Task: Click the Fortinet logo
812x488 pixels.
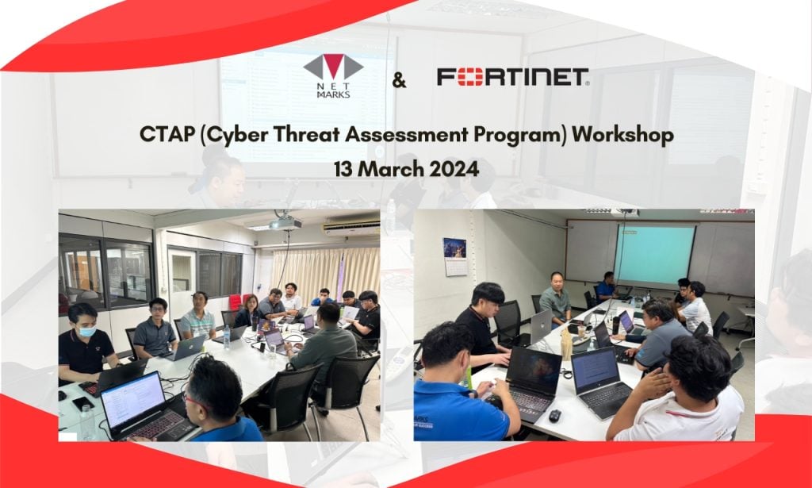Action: coord(512,77)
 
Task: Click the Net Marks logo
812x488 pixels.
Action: coord(333,76)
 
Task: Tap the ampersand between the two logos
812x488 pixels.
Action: coord(399,80)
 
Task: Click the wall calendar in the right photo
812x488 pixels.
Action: coord(454,256)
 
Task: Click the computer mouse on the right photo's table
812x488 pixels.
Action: coord(554,415)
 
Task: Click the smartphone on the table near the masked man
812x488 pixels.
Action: coord(79,403)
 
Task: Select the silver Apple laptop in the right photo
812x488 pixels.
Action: coord(540,326)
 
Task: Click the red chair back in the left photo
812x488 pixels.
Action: coord(235,302)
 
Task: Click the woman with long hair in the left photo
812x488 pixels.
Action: coord(249,309)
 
